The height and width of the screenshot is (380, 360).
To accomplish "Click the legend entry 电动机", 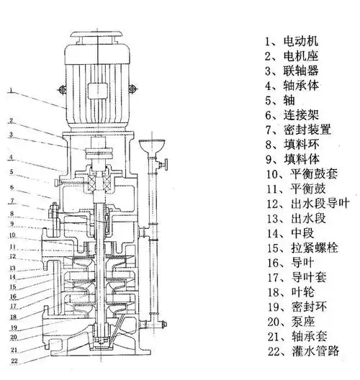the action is click(301, 41).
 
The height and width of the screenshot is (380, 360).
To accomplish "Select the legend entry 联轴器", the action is click(301, 71).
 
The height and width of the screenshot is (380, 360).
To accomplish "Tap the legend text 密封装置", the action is click(307, 130).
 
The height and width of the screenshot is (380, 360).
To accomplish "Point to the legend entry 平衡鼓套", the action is click(314, 174).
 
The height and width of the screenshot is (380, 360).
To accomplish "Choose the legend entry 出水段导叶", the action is click(320, 204).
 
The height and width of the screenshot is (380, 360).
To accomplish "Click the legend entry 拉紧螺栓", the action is click(314, 248).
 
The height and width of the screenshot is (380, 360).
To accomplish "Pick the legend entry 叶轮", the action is click(303, 292).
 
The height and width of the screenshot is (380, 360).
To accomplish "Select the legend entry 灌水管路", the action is click(315, 351).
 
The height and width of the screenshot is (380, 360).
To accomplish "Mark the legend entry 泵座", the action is click(303, 322).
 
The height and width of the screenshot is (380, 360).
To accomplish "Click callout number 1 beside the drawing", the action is click(11, 91).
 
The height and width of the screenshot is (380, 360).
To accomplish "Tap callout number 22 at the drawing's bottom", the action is click(14, 361).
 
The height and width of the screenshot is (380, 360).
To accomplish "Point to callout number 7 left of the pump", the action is click(12, 201).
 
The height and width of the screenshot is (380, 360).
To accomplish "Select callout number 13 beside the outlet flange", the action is click(12, 268).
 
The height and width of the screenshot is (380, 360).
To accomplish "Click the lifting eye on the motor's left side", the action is click(63, 89).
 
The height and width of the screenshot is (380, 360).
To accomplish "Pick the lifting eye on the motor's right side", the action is click(132, 89).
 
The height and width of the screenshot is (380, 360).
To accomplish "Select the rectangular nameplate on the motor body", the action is click(98, 91).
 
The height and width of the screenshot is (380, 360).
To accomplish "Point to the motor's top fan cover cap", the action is click(97, 35).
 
